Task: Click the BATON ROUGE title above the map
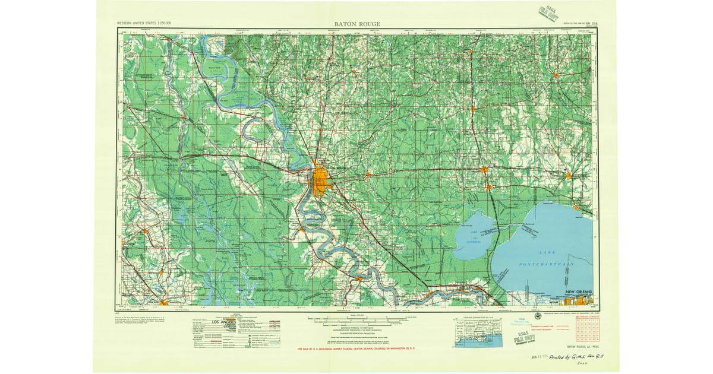[x=357, y=24]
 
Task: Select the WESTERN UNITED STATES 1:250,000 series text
[x=144, y=23]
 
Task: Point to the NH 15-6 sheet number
[x=591, y=24]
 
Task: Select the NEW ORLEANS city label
[x=579, y=293]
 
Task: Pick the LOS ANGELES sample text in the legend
[x=212, y=322]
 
